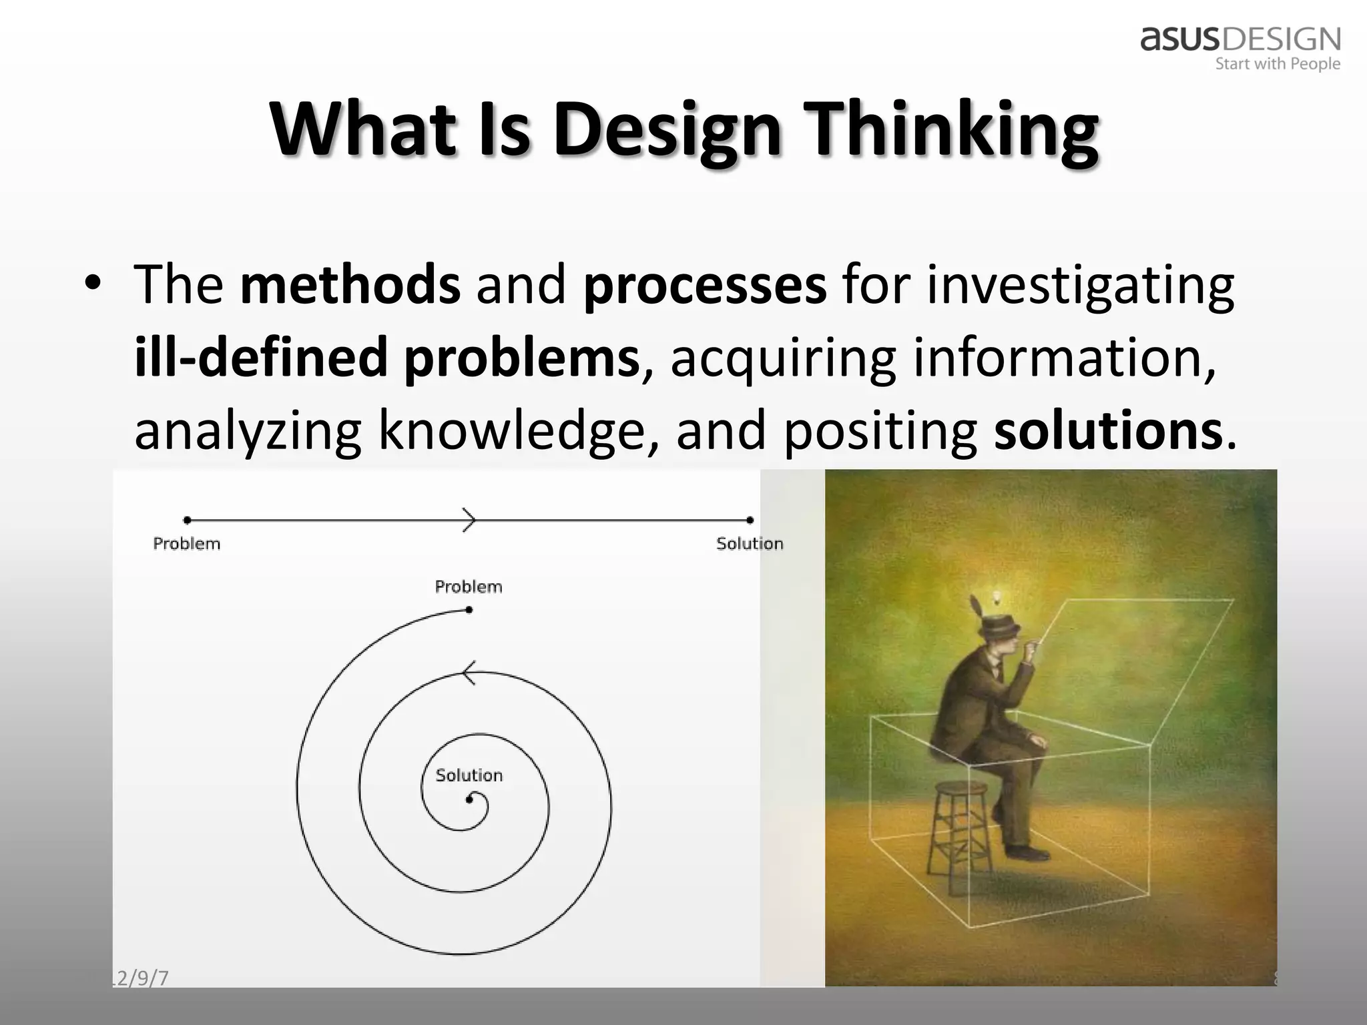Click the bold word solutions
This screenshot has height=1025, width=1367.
coord(1108,431)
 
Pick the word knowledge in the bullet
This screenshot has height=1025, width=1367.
coord(511,431)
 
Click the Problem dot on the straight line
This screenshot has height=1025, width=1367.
coord(188,520)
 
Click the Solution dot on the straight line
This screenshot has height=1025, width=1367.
coord(750,520)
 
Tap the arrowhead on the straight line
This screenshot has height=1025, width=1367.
coord(470,520)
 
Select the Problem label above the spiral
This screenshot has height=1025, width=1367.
coord(468,587)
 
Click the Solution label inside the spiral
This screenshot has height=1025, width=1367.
coord(469,775)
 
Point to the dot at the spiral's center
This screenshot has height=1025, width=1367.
coord(469,799)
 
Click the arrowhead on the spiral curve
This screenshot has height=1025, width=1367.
coord(469,673)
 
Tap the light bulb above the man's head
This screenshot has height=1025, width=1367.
coord(998,596)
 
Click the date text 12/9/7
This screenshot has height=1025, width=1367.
coord(140,978)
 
